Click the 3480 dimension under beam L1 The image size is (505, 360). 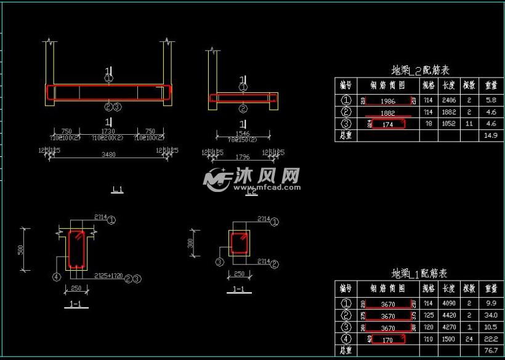click(x=108, y=154)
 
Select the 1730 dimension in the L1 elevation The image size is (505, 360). click(x=108, y=131)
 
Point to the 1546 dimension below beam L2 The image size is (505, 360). click(x=243, y=133)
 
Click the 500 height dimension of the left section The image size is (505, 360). click(x=21, y=249)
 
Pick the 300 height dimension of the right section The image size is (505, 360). click(x=191, y=244)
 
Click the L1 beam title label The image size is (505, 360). click(x=117, y=190)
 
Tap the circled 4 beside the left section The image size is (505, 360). click(x=57, y=277)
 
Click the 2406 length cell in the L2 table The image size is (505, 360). click(x=449, y=100)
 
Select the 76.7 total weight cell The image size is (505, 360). click(x=491, y=350)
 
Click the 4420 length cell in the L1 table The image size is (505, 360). click(x=449, y=315)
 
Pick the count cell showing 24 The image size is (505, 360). click(x=469, y=338)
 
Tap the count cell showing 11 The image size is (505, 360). click(x=469, y=124)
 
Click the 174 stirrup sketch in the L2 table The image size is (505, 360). click(x=388, y=124)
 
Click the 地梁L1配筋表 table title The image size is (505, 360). click(x=419, y=273)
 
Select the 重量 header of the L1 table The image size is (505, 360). click(x=491, y=288)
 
